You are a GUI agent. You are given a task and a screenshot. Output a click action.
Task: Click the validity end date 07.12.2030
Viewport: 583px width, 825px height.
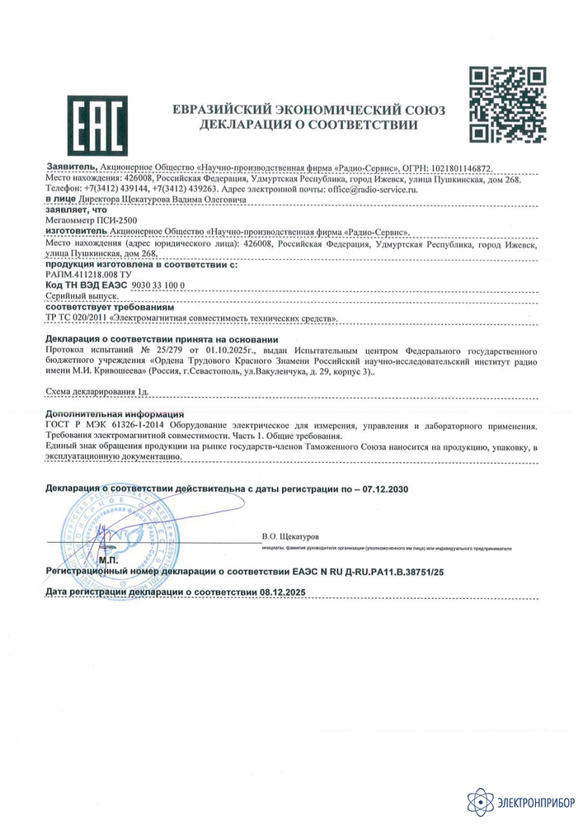click(385, 489)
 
